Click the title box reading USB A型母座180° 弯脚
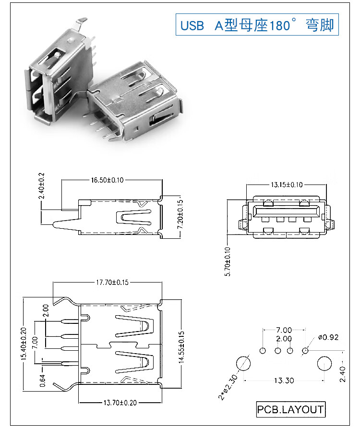pyautogui.click(x=257, y=25)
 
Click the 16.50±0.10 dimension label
pyautogui.click(x=108, y=180)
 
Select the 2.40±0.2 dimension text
pyautogui.click(x=41, y=186)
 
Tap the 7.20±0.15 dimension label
pyautogui.click(x=180, y=214)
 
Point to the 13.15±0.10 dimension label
pyautogui.click(x=287, y=185)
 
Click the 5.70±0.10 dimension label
pyautogui.click(x=228, y=261)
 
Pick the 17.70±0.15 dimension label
pyautogui.click(x=112, y=283)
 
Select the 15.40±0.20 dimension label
pyautogui.click(x=24, y=344)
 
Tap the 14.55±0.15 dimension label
pyautogui.click(x=181, y=347)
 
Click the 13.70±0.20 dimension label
pyautogui.click(x=120, y=403)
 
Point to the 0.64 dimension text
pyautogui.click(x=42, y=381)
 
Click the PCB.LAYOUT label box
pyautogui.click(x=291, y=409)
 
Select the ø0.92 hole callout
pyautogui.click(x=328, y=337)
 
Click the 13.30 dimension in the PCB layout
pyautogui.click(x=284, y=381)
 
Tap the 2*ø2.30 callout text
pyautogui.click(x=228, y=387)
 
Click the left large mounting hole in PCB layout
pyautogui.click(x=243, y=363)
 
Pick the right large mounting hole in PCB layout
pyautogui.click(x=324, y=363)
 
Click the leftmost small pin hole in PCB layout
pyautogui.click(x=263, y=350)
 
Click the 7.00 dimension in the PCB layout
pyautogui.click(x=284, y=330)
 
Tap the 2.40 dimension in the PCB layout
pyautogui.click(x=342, y=374)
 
